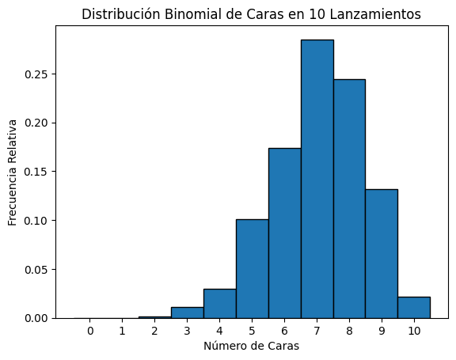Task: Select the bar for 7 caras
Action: pyautogui.click(x=317, y=179)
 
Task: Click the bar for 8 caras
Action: pyautogui.click(x=349, y=199)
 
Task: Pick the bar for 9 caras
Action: pyautogui.click(x=382, y=253)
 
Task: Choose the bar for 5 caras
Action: pyautogui.click(x=252, y=268)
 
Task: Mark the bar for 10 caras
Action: pyautogui.click(x=414, y=308)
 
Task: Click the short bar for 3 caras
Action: pyautogui.click(x=187, y=313)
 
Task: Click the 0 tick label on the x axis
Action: pyautogui.click(x=90, y=331)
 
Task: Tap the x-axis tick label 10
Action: pyautogui.click(x=414, y=331)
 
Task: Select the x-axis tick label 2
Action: pyautogui.click(x=155, y=331)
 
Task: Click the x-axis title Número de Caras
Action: pyautogui.click(x=252, y=346)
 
